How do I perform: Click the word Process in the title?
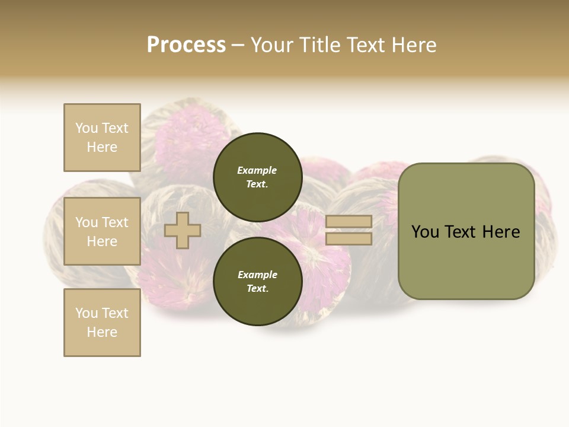pyautogui.click(x=186, y=45)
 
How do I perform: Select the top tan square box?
pyautogui.click(x=102, y=138)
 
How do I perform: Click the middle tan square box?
pyautogui.click(x=102, y=231)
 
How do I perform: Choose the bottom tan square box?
pyautogui.click(x=102, y=323)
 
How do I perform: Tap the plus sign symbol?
pyautogui.click(x=183, y=231)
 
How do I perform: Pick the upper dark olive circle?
pyautogui.click(x=257, y=177)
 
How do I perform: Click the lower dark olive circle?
pyautogui.click(x=257, y=281)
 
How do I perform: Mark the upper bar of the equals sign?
pyautogui.click(x=349, y=221)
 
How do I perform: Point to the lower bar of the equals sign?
pyautogui.click(x=349, y=239)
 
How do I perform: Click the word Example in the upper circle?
pyautogui.click(x=257, y=170)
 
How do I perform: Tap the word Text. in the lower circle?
pyautogui.click(x=257, y=288)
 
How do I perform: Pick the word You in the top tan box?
pyautogui.click(x=86, y=128)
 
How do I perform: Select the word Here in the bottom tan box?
pyautogui.click(x=102, y=332)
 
